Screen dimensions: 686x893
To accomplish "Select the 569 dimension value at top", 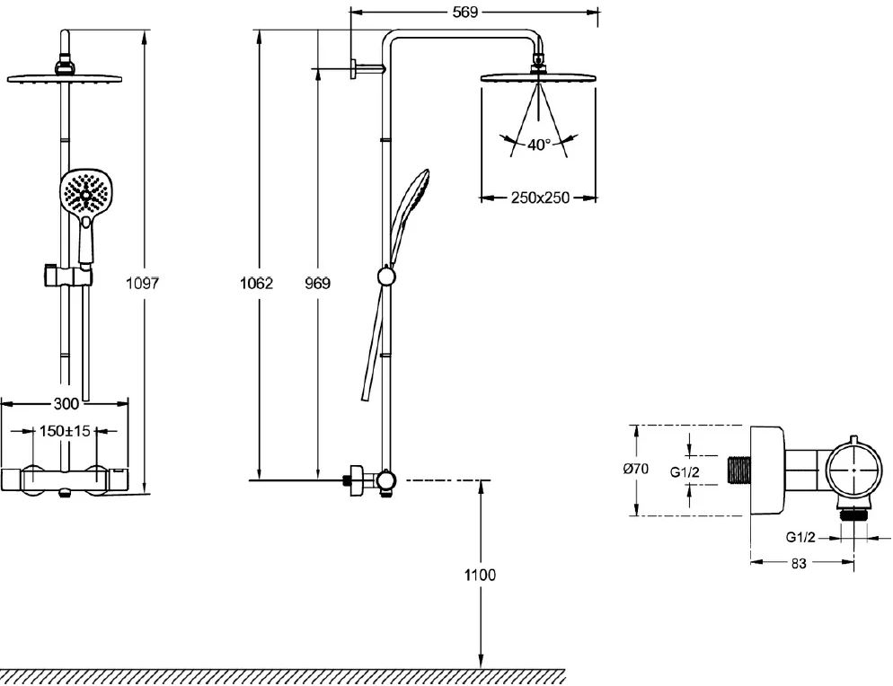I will (x=465, y=12).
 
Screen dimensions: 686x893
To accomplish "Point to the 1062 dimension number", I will (x=257, y=283).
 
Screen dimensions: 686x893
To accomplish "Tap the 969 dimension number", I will (x=316, y=283).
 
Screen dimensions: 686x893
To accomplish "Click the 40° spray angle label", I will (x=538, y=144).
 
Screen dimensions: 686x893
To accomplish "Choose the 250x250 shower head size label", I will (x=540, y=198).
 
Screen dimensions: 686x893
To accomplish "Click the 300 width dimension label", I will (x=66, y=403).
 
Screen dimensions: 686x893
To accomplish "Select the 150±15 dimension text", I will (x=66, y=431).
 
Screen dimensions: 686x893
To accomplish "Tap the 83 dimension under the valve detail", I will (x=799, y=564).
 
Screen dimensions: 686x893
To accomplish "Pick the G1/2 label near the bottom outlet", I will (x=801, y=537).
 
